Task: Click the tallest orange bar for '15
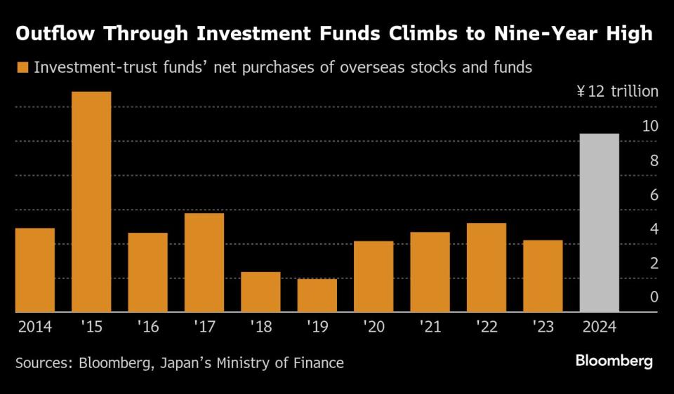coord(91,202)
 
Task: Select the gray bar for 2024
coord(599,223)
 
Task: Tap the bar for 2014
coord(34,270)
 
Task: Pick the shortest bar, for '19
coord(317,295)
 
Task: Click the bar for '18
coord(260,292)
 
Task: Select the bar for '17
coord(204,262)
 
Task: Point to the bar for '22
coord(486,267)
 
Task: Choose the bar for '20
coord(374,276)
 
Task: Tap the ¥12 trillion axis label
coord(617,92)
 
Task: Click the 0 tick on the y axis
coord(654,297)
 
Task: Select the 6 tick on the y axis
coord(654,195)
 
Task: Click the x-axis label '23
coord(543,327)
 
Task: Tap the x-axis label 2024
coord(599,327)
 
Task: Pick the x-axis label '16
coord(147,327)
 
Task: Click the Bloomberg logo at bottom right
coord(614,361)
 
